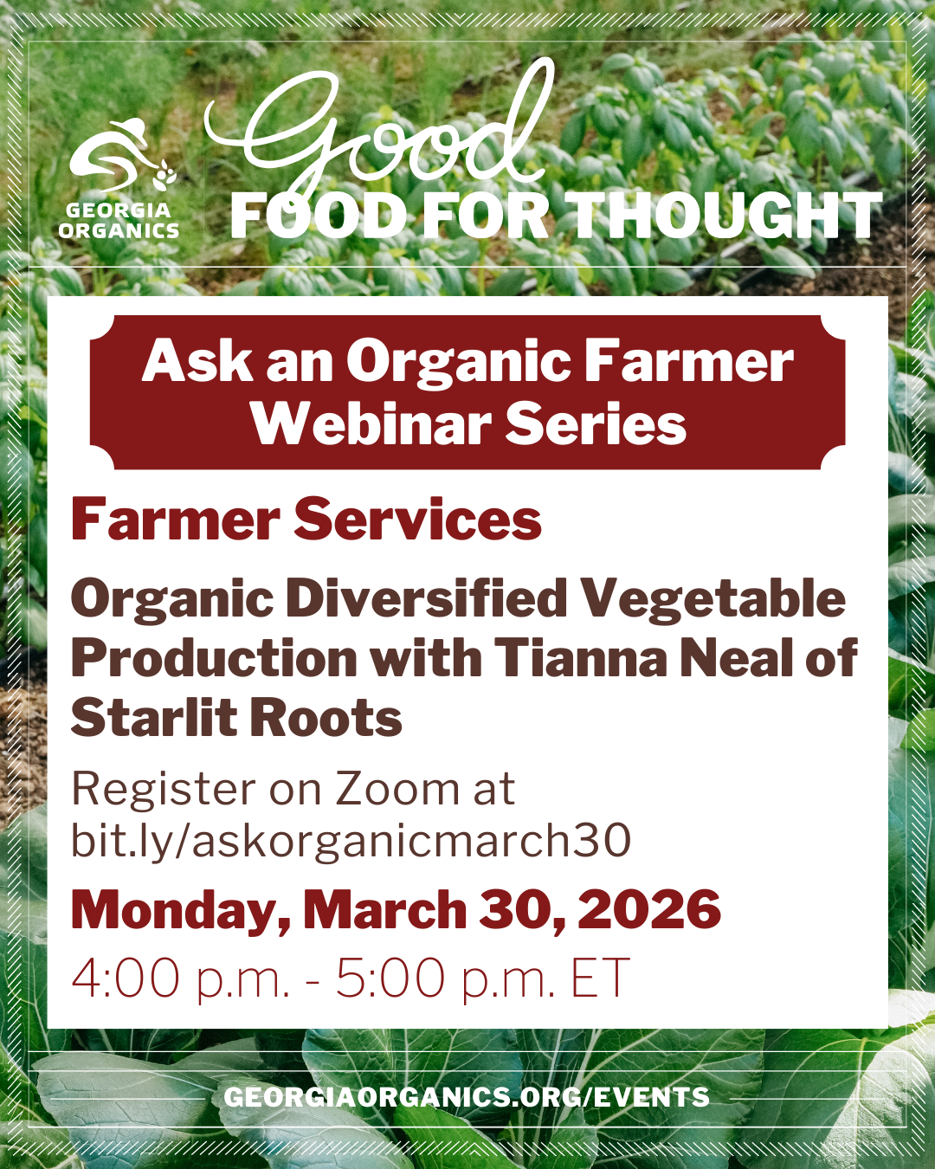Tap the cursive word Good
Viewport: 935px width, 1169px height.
[381, 130]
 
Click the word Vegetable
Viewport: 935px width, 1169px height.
[713, 599]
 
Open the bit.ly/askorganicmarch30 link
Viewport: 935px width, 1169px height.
[351, 841]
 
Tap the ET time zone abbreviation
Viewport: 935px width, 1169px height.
[599, 978]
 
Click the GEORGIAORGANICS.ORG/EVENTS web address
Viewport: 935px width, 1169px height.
[467, 1097]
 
